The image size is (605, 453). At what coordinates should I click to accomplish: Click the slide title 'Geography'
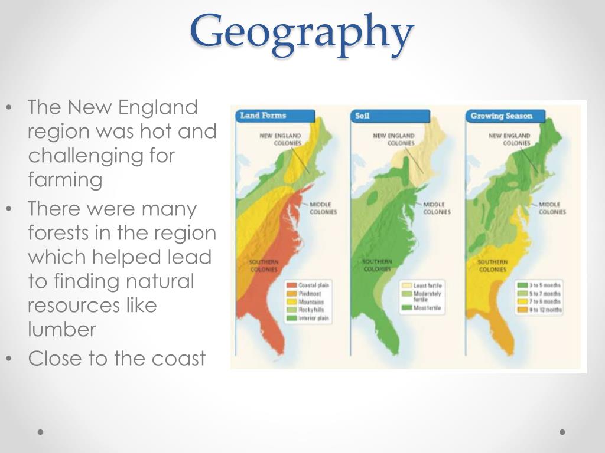pos(301,32)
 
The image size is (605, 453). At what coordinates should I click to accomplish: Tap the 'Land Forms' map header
pos(263,116)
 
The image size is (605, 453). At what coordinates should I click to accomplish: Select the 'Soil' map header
pos(362,116)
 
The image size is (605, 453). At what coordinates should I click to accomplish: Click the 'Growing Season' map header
pos(501,116)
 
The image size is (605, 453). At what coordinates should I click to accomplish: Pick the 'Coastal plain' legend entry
pos(313,285)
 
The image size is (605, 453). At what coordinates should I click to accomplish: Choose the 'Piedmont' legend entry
pos(311,293)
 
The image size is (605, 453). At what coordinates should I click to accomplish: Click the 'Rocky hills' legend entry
pos(311,310)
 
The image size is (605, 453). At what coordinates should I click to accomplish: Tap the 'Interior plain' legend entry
pos(314,318)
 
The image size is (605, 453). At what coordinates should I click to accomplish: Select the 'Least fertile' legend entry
pos(427,285)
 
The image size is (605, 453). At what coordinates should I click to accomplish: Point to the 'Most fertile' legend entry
pos(427,308)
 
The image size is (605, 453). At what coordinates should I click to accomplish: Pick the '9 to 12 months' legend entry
pos(545,310)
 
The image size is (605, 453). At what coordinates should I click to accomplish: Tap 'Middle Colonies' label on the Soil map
pos(437,208)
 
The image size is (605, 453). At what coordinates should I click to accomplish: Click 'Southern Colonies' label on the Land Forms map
pos(264,265)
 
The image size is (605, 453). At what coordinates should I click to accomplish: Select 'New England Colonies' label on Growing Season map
pos(509,139)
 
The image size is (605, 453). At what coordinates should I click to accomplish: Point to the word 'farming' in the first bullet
pos(65,179)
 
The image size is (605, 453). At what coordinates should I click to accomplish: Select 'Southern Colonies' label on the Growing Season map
pos(492,265)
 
